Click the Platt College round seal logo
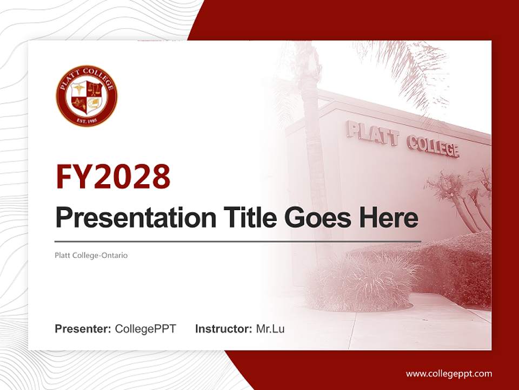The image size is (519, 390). pos(86,96)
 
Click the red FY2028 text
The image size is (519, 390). pos(113,177)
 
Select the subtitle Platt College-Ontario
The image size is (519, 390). pos(91,255)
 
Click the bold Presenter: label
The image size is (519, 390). pos(83,329)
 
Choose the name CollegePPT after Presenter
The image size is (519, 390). pos(145,329)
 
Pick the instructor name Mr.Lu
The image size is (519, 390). pos(270,329)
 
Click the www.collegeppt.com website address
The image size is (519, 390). pos(449,373)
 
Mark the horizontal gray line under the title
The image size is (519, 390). pos(238,241)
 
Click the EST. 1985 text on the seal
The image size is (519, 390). pos(86,119)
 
